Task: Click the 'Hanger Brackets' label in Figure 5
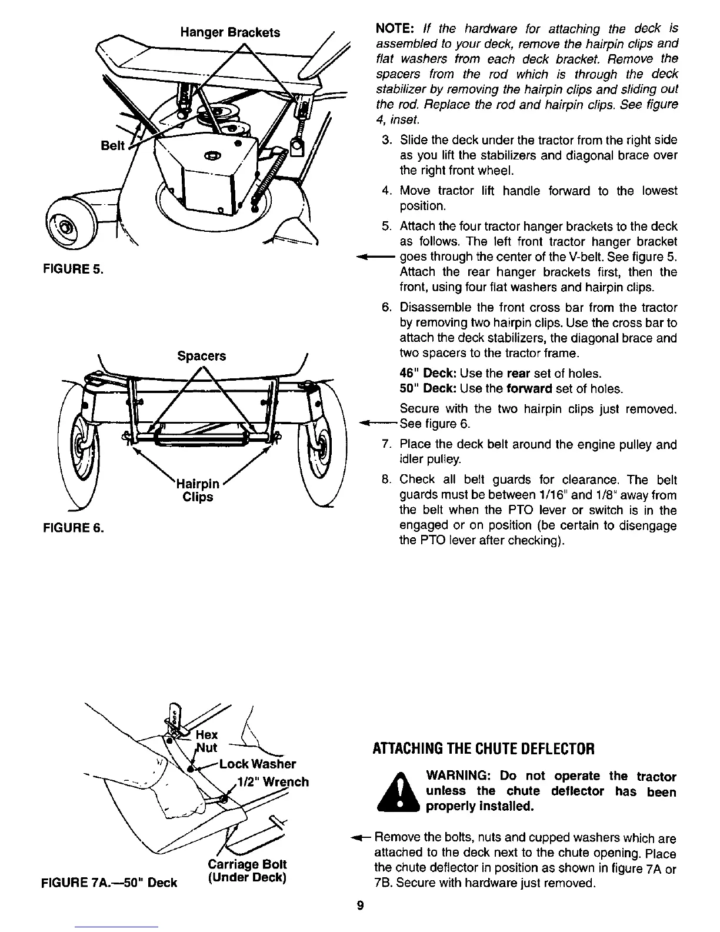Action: [229, 32]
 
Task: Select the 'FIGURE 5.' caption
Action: [72, 270]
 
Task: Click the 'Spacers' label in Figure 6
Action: [201, 356]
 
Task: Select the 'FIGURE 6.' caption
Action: [72, 528]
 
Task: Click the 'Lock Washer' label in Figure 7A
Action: [257, 764]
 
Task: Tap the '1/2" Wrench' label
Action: [272, 782]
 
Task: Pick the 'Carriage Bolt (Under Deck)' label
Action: [247, 871]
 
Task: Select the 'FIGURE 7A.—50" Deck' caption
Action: [109, 882]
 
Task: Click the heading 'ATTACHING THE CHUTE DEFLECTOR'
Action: [484, 749]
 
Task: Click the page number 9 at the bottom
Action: [360, 906]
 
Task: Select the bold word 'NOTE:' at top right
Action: [396, 29]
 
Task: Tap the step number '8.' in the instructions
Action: [386, 480]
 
